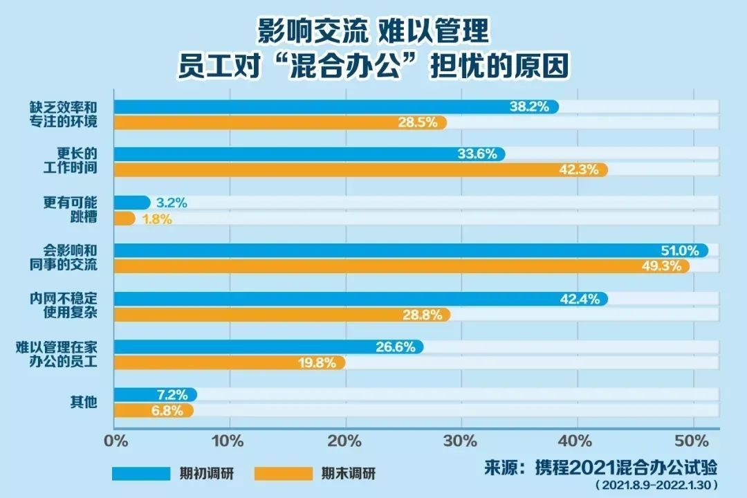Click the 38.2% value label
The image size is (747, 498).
click(529, 107)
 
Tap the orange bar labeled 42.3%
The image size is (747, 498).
click(360, 169)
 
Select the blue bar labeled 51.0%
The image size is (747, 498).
click(408, 250)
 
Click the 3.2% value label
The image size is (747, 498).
click(172, 203)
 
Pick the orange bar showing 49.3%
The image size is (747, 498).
click(401, 266)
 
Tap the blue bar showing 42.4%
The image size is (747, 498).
click(360, 299)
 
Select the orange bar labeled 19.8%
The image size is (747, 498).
click(228, 362)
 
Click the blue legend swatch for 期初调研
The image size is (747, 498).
click(141, 474)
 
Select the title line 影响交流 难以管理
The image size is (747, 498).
click(373, 31)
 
